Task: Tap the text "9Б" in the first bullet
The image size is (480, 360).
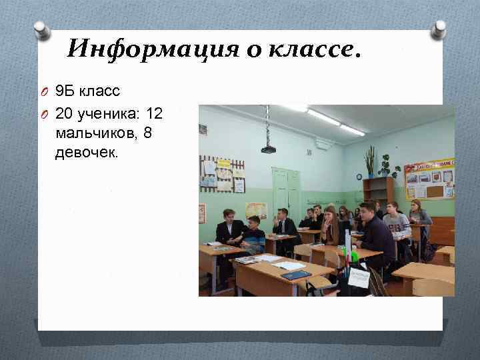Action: (x=64, y=89)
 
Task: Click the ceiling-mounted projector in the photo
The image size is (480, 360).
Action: (x=268, y=148)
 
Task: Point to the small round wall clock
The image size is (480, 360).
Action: (x=359, y=177)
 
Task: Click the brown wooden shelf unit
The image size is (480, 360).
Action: (x=378, y=189)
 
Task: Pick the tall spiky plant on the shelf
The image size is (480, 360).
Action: (x=369, y=161)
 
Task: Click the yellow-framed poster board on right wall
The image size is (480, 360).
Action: (x=429, y=178)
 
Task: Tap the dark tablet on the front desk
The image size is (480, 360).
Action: (x=296, y=275)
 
